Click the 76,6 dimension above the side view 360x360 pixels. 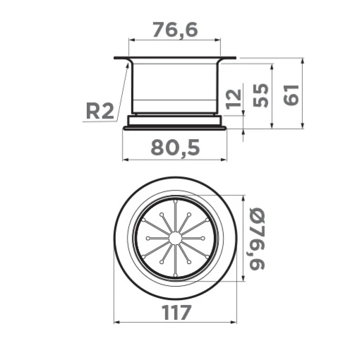click(175, 30)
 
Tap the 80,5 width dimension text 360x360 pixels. click(175, 148)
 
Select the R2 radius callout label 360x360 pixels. click(100, 111)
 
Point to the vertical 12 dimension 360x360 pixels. click(234, 99)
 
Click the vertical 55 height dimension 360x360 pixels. click(260, 95)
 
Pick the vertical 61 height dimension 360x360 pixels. click(291, 95)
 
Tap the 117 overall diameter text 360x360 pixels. click(176, 312)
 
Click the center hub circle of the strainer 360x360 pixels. click(175, 238)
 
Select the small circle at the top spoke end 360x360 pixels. click(175, 201)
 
